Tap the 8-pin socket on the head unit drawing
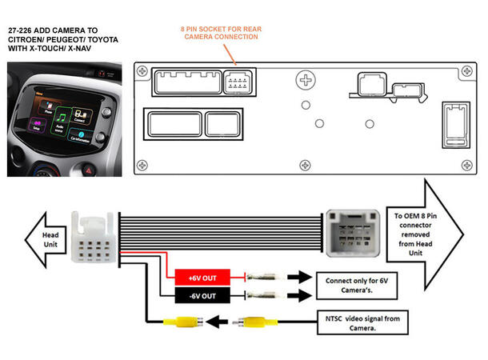[238, 82]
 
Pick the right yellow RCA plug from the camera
[254, 324]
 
